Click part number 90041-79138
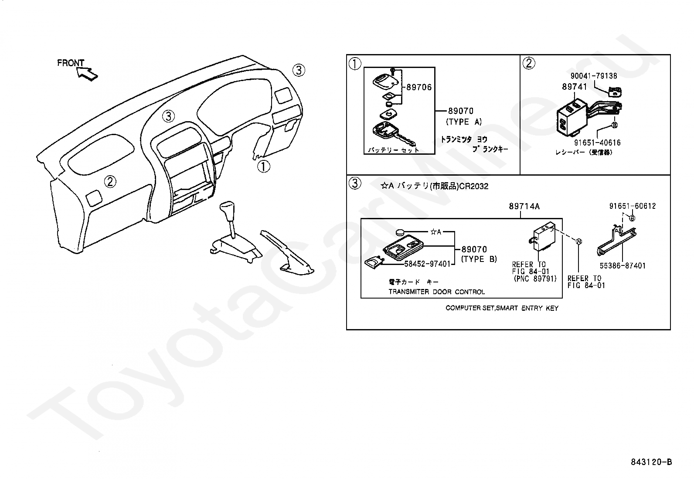[x=594, y=76]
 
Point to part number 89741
[x=574, y=87]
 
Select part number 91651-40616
[x=597, y=143]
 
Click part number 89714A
[x=524, y=207]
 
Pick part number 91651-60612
[x=632, y=206]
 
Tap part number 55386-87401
[x=622, y=265]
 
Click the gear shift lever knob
[x=228, y=211]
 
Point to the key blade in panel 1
[x=407, y=140]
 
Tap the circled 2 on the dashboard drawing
[x=110, y=181]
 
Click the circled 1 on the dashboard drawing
[x=263, y=166]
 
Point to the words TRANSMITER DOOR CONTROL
[x=436, y=292]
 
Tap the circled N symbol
[x=578, y=242]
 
